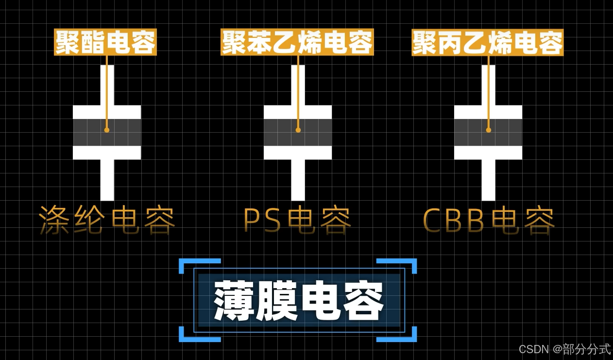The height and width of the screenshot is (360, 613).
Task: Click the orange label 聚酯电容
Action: [x=105, y=43]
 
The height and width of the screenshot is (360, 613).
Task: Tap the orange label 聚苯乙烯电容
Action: [x=297, y=43]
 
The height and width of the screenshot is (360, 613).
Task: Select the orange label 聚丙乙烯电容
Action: [x=487, y=43]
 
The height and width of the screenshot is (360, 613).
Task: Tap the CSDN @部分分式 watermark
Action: [x=564, y=349]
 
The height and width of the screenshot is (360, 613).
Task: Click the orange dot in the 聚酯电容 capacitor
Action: [x=107, y=130]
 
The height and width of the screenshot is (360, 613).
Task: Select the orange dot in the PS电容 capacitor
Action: [x=298, y=130]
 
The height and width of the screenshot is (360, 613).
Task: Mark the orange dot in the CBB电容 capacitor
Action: [x=489, y=130]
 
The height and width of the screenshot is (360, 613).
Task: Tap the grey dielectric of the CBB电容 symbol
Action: [x=505, y=132]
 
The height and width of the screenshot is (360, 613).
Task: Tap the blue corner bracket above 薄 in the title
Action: [x=187, y=263]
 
